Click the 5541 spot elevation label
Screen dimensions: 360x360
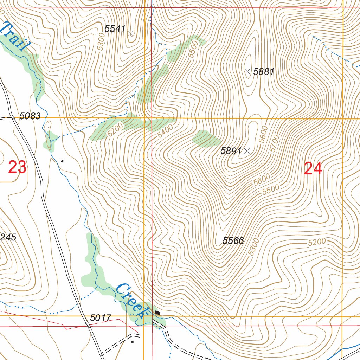coord(115,29)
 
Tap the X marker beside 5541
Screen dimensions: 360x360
coord(131,33)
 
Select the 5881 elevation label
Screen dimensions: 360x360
coord(264,72)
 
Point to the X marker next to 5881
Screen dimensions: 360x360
coord(247,71)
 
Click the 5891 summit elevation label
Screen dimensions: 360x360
coord(231,151)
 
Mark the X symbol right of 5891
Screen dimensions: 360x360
coord(247,151)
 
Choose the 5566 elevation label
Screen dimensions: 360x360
coord(233,241)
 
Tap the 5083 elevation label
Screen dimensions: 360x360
coord(30,116)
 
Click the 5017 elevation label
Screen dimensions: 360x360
coord(101,318)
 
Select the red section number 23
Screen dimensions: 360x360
coord(17,167)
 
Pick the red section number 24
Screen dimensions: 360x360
coord(313,169)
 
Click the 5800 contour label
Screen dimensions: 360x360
coord(264,134)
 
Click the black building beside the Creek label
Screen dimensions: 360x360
coord(157,312)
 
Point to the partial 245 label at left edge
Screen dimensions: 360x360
coord(8,237)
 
